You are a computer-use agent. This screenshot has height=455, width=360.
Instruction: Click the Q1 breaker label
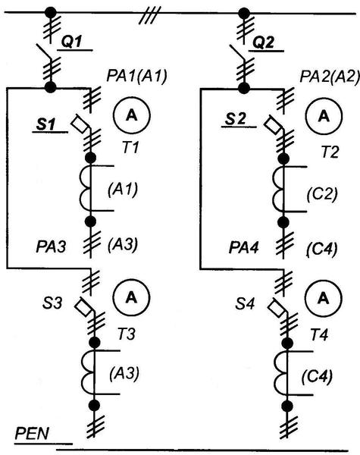71,42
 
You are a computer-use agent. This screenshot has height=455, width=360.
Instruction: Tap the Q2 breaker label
263,42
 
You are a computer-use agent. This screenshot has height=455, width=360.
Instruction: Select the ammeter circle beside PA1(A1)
132,115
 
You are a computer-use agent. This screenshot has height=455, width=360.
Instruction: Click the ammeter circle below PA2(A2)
324,116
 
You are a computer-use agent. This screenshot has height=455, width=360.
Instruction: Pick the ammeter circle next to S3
131,297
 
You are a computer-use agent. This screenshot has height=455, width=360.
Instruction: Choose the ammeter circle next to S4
324,298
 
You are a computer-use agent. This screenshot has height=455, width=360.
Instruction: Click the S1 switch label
45,125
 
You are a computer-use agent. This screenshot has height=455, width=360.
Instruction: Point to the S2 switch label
236,119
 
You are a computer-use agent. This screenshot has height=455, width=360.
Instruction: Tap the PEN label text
32,434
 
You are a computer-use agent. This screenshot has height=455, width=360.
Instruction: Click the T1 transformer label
130,148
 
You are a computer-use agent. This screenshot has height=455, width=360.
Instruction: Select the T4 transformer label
319,335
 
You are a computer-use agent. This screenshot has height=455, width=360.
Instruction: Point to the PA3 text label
51,247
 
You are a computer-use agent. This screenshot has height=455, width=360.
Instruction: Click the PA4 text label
243,247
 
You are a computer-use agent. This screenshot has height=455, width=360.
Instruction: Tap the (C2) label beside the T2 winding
322,194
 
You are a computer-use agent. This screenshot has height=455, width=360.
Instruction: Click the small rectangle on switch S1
79,124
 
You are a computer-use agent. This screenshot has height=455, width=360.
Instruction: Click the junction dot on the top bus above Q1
51,13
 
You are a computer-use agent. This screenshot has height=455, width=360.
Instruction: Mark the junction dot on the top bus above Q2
244,14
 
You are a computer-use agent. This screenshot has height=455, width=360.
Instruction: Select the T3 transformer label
127,334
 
